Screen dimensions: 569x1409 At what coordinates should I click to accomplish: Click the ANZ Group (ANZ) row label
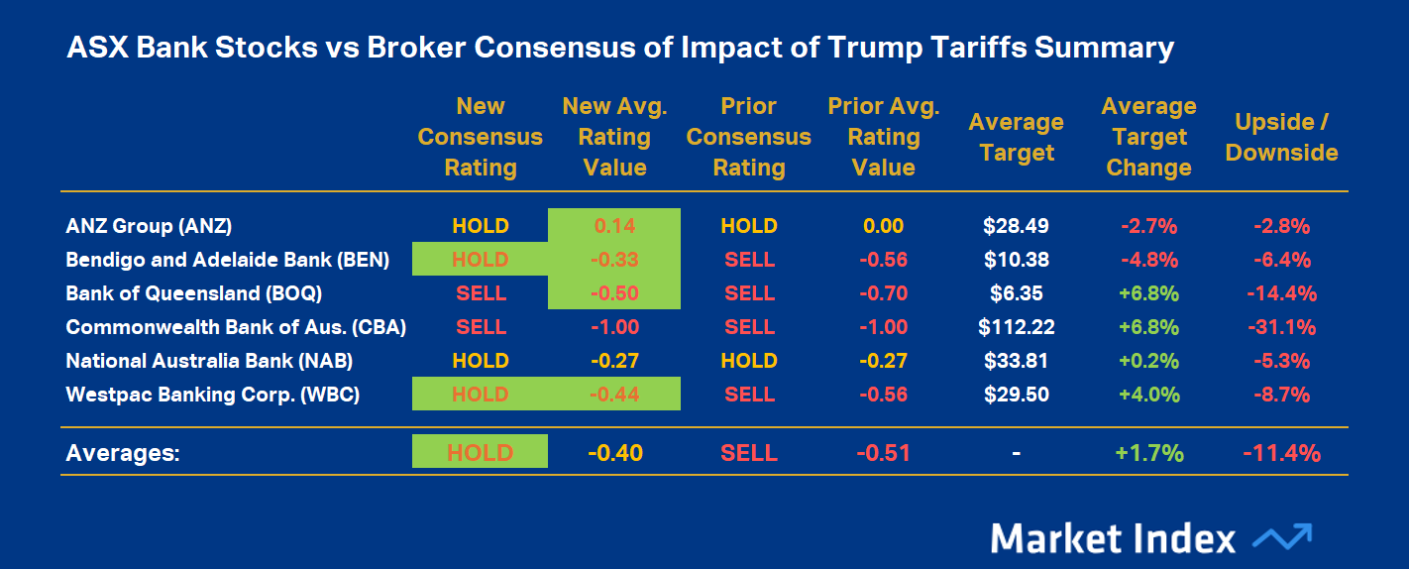click(149, 226)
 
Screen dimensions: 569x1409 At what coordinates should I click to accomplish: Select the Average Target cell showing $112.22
click(1016, 327)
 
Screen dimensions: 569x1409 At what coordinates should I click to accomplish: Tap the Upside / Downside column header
click(1281, 137)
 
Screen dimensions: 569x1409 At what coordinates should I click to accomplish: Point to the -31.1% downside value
click(1281, 327)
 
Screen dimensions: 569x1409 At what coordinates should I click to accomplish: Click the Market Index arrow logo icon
click(1282, 537)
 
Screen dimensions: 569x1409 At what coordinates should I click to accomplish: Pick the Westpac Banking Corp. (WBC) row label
click(212, 395)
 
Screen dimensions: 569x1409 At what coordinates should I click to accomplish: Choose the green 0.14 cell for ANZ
click(614, 226)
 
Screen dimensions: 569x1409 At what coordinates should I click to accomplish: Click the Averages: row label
click(123, 453)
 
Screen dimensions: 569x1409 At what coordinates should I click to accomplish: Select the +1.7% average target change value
click(1148, 453)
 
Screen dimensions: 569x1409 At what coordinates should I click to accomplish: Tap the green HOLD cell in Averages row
click(480, 453)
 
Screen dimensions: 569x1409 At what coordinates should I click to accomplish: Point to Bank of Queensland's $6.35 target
click(1016, 293)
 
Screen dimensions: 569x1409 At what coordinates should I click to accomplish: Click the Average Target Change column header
click(1148, 137)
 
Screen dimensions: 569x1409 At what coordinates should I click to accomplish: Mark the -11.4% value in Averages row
click(1281, 453)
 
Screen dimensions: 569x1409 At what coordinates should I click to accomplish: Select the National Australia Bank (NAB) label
click(209, 361)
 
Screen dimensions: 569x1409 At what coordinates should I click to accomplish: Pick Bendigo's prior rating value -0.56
click(883, 260)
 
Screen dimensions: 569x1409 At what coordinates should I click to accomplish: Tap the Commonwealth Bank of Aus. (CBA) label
click(236, 327)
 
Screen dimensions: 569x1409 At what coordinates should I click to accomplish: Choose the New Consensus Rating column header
click(481, 137)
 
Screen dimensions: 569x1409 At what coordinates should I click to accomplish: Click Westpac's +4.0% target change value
click(1148, 395)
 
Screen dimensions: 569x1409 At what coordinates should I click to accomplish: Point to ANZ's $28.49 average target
click(1016, 226)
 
